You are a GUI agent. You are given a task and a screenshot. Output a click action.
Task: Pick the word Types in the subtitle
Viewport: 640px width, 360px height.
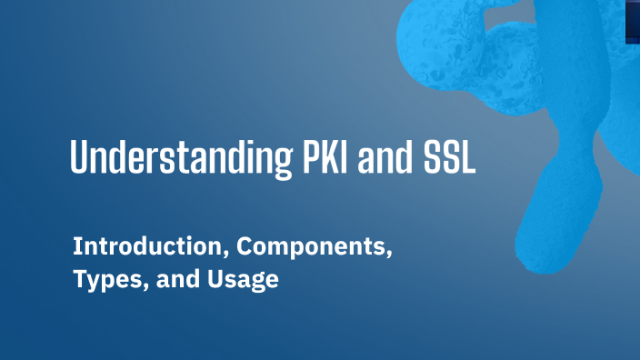[x=100, y=280]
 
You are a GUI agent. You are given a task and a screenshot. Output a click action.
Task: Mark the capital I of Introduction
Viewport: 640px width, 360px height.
[x=77, y=245]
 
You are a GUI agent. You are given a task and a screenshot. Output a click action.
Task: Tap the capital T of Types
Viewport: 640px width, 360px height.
[x=79, y=280]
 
